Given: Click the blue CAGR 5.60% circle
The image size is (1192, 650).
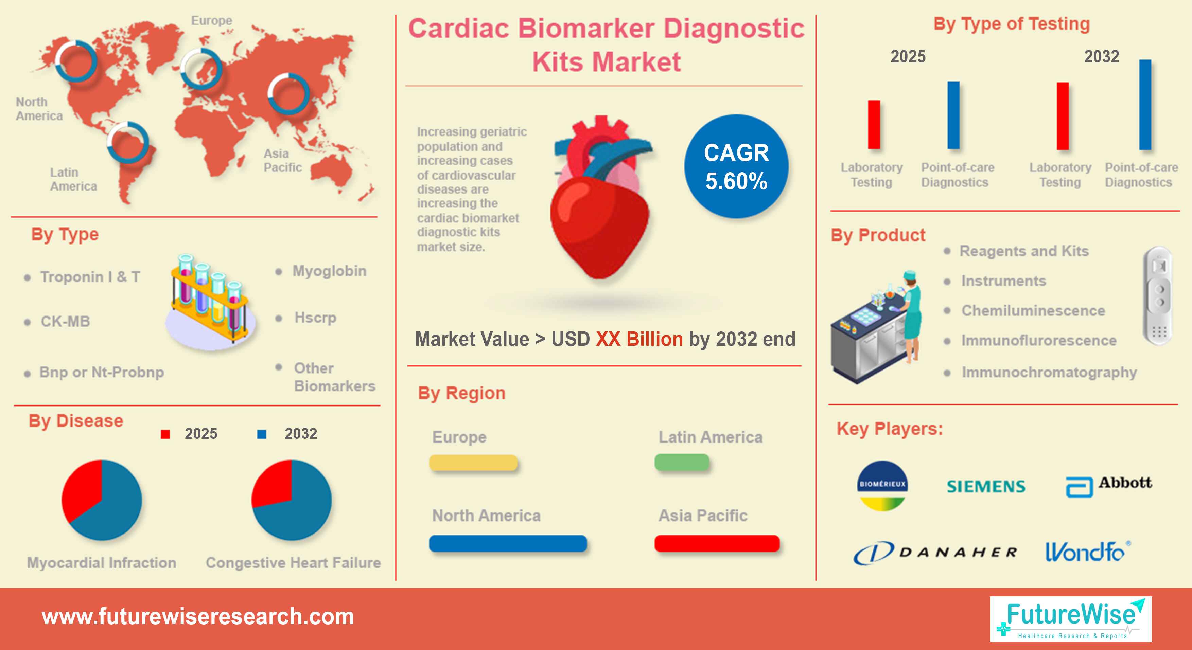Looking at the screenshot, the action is [x=736, y=166].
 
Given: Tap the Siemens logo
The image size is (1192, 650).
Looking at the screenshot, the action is [x=986, y=486].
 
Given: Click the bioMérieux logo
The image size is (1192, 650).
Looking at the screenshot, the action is [x=882, y=486].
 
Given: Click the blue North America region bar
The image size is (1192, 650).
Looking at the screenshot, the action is [x=508, y=543].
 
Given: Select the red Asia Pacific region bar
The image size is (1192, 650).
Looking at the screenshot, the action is [x=717, y=543].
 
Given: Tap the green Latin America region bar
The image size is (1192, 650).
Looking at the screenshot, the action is [x=682, y=462].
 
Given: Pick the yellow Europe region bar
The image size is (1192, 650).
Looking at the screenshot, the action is [x=473, y=462].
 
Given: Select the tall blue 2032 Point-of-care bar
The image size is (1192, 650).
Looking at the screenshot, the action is [x=1145, y=105].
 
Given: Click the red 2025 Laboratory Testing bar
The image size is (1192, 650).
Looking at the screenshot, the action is [x=874, y=124].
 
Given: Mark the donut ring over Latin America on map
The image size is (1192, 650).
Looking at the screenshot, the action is [x=128, y=142].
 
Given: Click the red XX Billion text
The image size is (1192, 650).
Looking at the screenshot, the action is [x=639, y=339].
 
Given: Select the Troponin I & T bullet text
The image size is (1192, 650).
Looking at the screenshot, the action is [x=90, y=277].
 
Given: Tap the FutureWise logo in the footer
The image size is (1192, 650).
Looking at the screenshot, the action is [x=1070, y=618].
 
